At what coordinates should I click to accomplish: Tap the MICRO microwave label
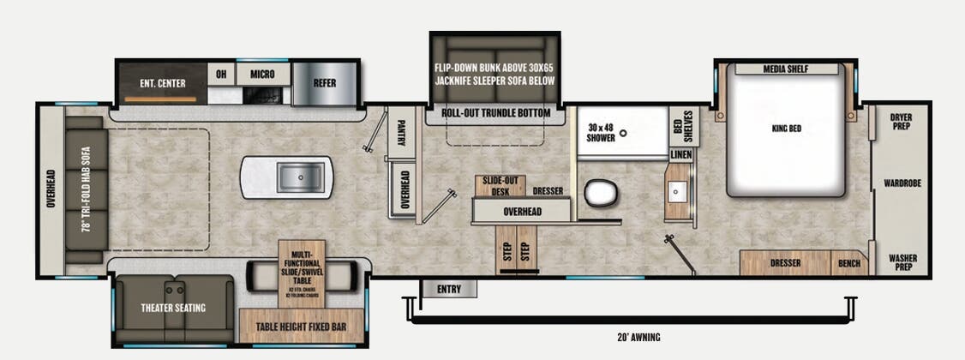pos(262,75)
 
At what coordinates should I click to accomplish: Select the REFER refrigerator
pos(324,83)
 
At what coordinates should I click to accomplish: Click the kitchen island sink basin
pos(299,177)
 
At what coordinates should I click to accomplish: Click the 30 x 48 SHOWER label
pos(601,132)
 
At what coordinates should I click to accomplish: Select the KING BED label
pos(786,129)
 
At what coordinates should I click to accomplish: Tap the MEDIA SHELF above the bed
pos(786,69)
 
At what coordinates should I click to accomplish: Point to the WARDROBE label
pos(902,183)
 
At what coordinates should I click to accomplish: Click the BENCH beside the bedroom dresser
pos(849,263)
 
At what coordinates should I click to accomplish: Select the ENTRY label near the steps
pos(448,289)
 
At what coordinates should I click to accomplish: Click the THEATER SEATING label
pos(174,308)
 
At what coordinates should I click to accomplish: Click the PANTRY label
pos(400,133)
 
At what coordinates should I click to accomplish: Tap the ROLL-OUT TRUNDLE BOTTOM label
pos(496,113)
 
